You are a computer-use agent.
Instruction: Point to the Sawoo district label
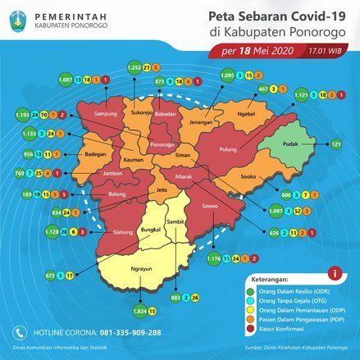pyautogui.click(x=211, y=206)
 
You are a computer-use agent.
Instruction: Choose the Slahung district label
pyautogui.click(x=100, y=232)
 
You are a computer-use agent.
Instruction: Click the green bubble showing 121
pyautogui.click(x=334, y=144)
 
